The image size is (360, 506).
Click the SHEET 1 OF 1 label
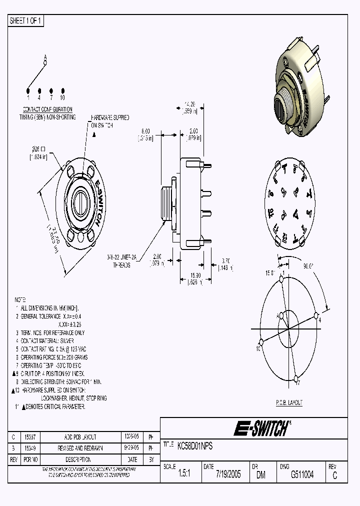coord(26,20)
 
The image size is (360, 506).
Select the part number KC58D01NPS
coord(195,446)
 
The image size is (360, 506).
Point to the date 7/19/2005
coord(228,475)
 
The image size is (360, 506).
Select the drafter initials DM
coord(260,475)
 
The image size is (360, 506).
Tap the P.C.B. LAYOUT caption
coord(289,402)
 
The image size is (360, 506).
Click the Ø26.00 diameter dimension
coord(39,149)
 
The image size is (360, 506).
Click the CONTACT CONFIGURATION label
coord(48,109)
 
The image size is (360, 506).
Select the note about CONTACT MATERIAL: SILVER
coord(52,341)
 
